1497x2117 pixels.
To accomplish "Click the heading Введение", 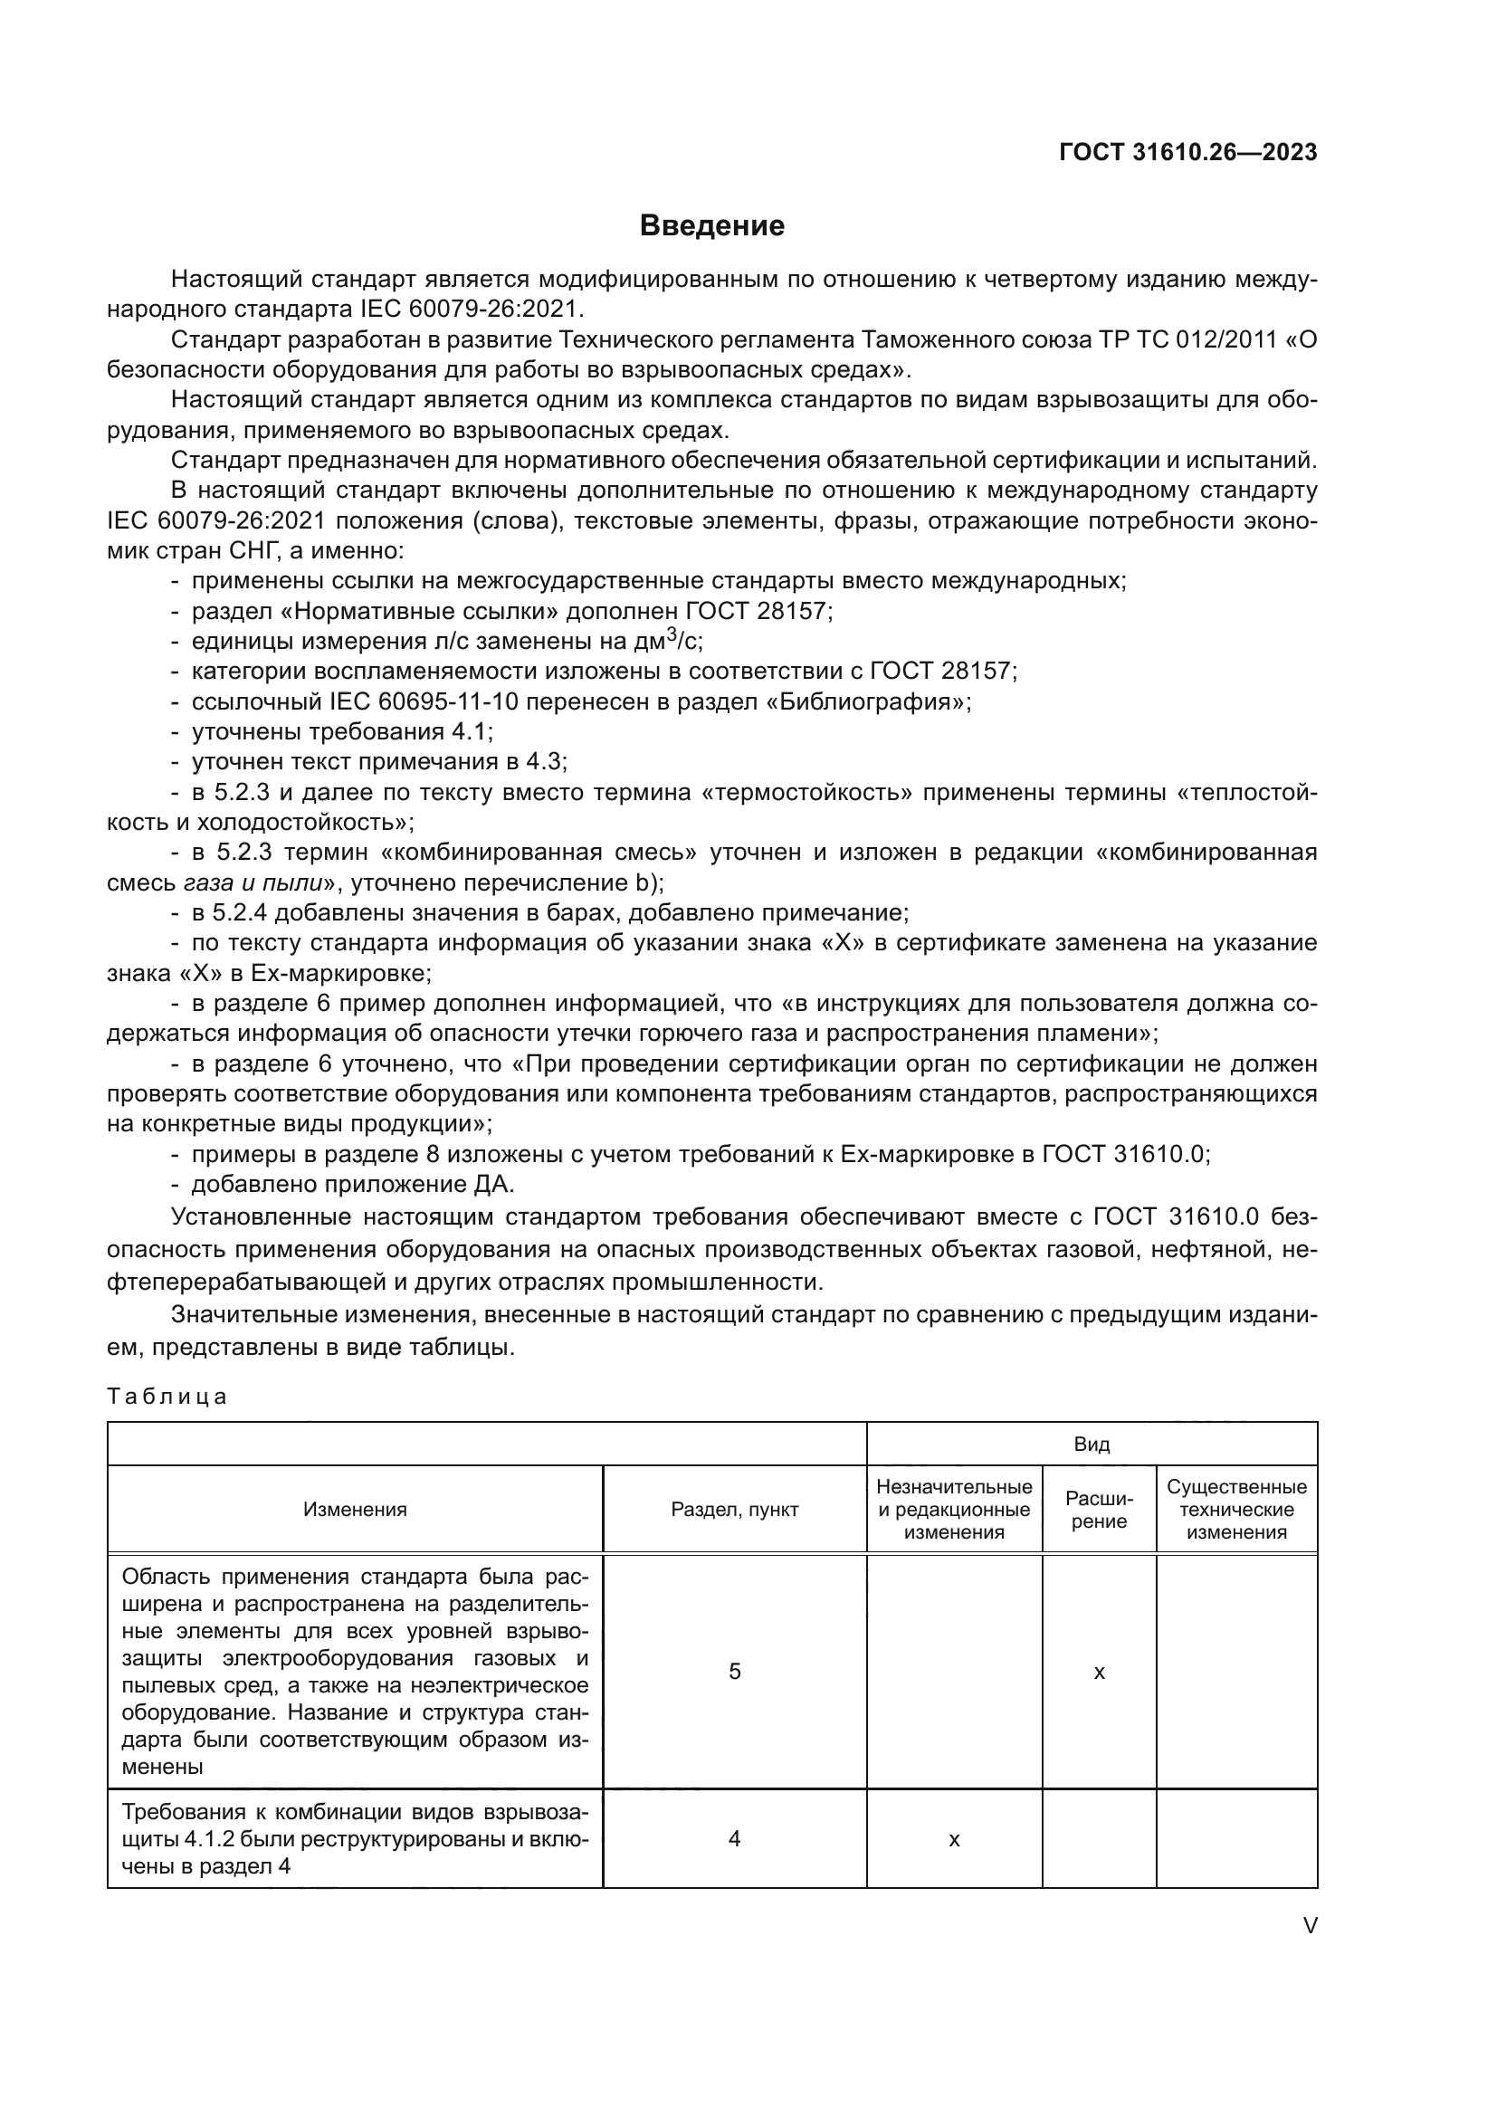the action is coord(711,226).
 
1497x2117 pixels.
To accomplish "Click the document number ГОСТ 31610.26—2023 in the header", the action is coord(1187,153).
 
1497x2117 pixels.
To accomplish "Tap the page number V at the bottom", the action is coord(1309,1925).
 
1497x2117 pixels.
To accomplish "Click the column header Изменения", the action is coord(355,1510).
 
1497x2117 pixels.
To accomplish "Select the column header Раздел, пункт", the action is coord(734,1510).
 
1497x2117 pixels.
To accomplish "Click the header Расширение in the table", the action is coord(1099,1510).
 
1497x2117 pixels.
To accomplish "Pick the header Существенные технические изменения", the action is coord(1236,1510).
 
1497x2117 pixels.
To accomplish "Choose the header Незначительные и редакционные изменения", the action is coord(953,1510).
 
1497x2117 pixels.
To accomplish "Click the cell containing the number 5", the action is coord(734,1672).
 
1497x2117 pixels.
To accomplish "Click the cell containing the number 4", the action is coord(734,1839).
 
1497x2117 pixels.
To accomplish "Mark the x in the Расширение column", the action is coord(1099,1673).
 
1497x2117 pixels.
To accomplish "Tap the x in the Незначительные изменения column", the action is coord(953,1840).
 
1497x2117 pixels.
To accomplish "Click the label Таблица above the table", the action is coord(167,1396).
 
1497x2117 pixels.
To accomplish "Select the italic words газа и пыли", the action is coord(253,882).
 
